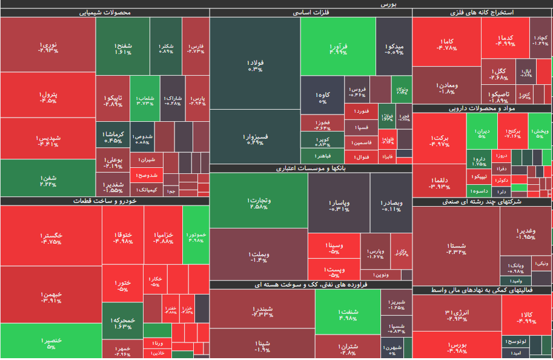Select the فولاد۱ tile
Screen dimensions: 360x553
tap(255, 65)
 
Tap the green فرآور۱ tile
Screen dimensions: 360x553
tap(338, 47)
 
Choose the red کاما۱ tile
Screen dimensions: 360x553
tap(446, 44)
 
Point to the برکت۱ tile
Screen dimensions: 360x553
tap(439, 140)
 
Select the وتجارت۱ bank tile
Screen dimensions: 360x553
tap(259, 202)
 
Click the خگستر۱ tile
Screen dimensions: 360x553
tap(51, 238)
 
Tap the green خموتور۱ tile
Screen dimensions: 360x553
tap(196, 235)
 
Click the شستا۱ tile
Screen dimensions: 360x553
tap(455, 247)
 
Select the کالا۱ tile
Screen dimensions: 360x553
tap(525, 317)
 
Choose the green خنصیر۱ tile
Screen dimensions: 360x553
tap(51, 342)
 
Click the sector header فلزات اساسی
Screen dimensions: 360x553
tap(311, 13)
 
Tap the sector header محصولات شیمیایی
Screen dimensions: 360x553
tap(105, 13)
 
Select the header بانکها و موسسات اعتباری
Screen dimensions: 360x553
tap(311, 168)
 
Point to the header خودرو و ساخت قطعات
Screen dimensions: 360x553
tap(105, 201)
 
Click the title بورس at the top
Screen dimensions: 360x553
tap(388, 4)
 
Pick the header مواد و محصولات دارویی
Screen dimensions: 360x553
tap(482, 109)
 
